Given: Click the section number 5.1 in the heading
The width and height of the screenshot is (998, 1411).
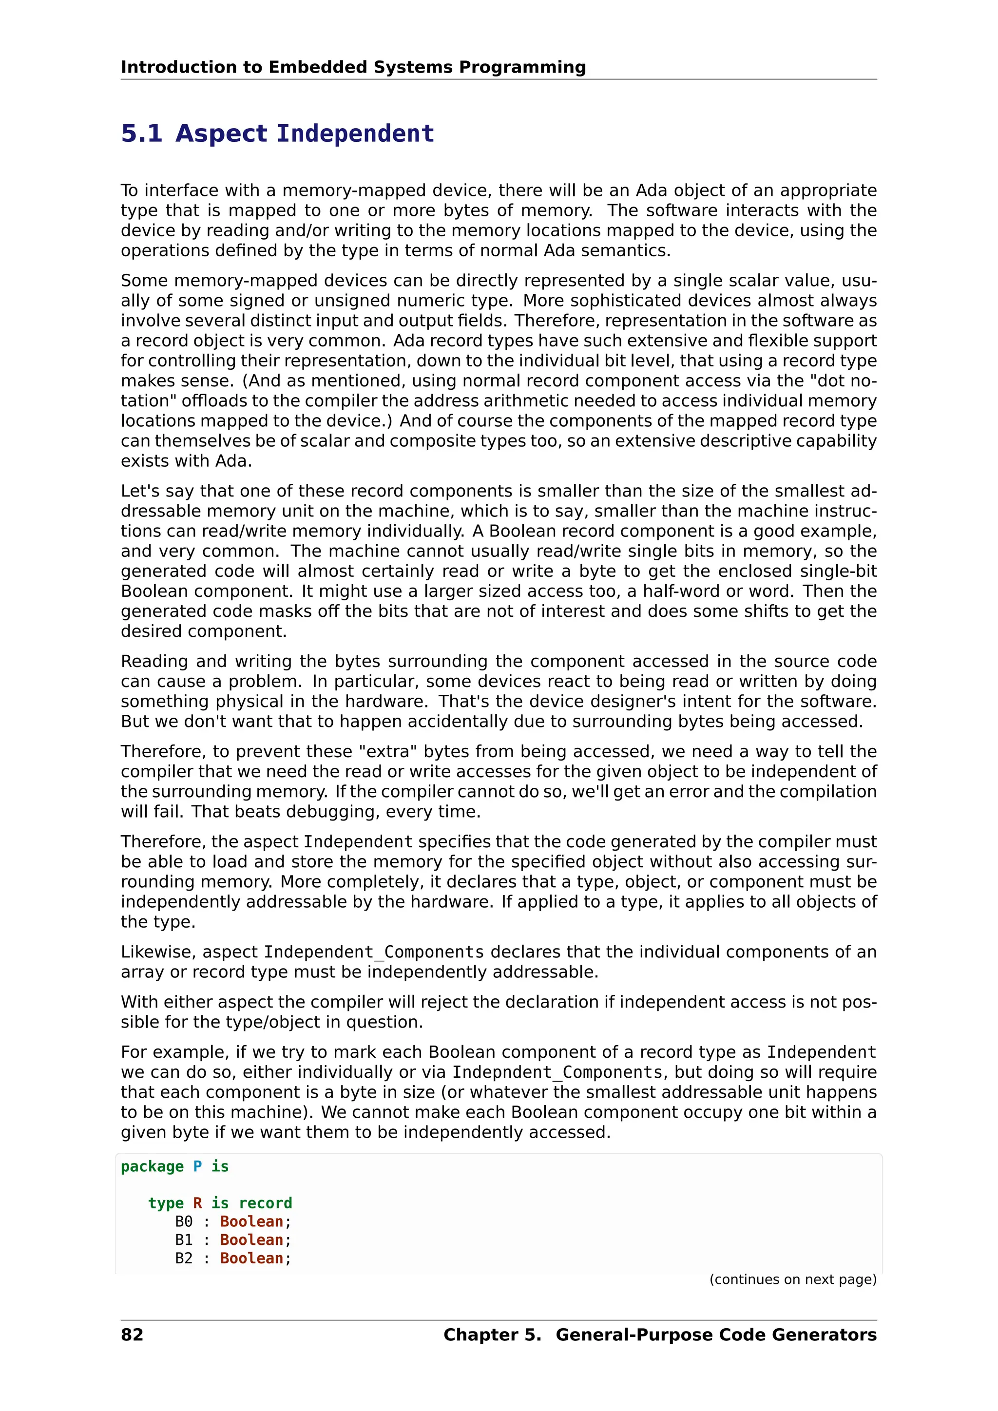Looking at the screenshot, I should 141,133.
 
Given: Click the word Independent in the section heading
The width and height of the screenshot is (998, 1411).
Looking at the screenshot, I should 355,133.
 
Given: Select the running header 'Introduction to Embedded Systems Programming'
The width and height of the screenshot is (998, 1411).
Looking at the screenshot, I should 353,67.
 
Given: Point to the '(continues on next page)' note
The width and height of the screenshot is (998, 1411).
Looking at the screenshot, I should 793,1279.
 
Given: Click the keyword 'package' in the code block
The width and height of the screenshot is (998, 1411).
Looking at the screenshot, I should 152,1166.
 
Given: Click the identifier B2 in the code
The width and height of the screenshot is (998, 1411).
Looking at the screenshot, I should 184,1258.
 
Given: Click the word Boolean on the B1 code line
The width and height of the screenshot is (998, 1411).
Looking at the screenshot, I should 251,1239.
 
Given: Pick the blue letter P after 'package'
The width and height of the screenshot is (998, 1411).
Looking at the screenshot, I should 197,1166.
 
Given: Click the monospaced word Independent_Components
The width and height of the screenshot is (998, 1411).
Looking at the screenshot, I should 374,952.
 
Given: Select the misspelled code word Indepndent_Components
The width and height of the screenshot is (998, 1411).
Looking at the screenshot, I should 557,1072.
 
